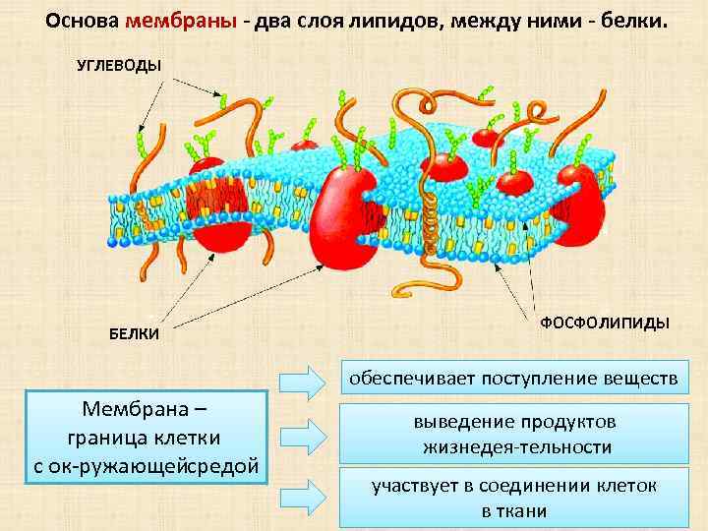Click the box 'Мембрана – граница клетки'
pyautogui.click(x=147, y=436)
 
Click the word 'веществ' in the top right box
pyautogui.click(x=643, y=379)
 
